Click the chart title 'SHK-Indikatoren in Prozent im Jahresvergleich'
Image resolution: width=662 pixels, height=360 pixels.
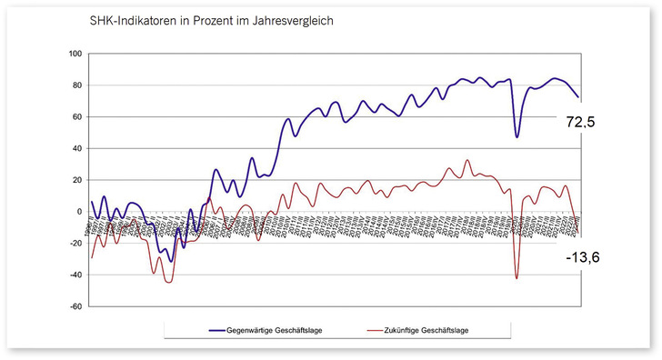click(206, 20)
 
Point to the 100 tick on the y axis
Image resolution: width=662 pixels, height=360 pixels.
click(76, 55)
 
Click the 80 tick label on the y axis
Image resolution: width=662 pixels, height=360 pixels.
click(78, 85)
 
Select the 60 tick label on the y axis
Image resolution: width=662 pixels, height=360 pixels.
click(78, 117)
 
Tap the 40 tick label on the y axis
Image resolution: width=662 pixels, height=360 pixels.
click(78, 149)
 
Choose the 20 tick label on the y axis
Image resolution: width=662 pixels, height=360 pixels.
click(78, 180)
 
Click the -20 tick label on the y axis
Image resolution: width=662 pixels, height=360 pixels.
click(77, 244)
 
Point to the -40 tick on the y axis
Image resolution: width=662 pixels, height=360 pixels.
click(77, 275)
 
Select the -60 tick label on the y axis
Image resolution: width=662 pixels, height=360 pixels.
click(77, 306)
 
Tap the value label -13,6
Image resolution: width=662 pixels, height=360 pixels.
click(582, 258)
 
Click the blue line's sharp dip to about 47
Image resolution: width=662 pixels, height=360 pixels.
click(517, 137)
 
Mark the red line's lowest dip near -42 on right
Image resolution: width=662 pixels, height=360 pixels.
click(517, 277)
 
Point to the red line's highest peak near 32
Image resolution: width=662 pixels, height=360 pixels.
click(467, 161)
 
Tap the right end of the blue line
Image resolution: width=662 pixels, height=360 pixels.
click(578, 96)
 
